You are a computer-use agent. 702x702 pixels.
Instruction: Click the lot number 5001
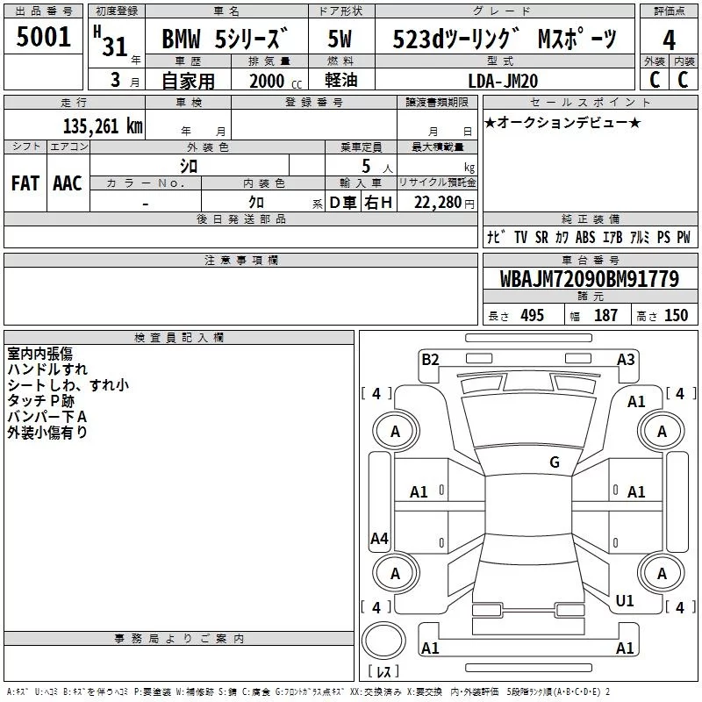pos(43,36)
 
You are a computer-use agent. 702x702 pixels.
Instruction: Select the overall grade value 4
pos(669,40)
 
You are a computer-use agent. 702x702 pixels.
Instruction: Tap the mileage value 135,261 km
pos(103,126)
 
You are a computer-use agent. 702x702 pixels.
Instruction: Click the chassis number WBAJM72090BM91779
pos(590,279)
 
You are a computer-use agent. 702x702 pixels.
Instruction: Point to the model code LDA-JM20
pos(503,81)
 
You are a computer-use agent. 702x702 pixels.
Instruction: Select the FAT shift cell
pos(25,183)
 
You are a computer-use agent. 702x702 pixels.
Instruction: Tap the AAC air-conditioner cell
pos(68,183)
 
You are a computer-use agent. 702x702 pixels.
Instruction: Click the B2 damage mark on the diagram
pos(430,360)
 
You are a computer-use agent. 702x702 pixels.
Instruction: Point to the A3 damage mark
pos(626,360)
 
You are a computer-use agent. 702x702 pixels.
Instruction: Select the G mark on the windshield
pos(555,462)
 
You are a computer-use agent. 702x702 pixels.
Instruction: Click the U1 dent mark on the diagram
pos(625,601)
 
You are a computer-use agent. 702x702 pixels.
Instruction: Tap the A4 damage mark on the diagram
pos(379,538)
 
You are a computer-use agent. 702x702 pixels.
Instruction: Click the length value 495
pos(533,316)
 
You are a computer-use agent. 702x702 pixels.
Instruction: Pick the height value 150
pos(676,316)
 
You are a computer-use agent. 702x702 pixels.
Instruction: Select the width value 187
pos(605,316)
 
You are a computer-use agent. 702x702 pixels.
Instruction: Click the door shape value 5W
pos(340,39)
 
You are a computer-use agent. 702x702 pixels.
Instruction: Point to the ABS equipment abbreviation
pos(585,237)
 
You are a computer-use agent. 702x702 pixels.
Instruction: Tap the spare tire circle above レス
pos(383,641)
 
